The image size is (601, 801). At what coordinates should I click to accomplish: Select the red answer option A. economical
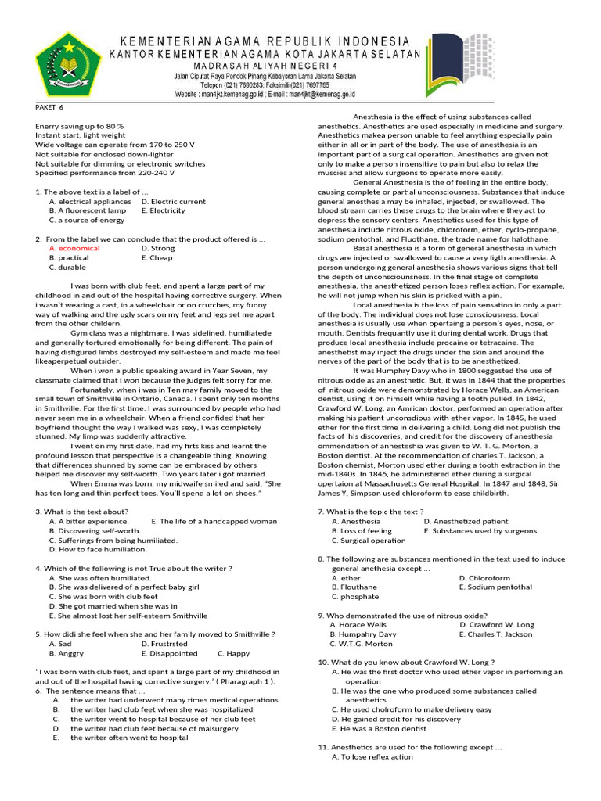(74, 248)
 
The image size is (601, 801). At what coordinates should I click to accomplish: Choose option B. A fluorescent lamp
(87, 210)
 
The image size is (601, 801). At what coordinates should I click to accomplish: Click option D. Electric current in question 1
(174, 201)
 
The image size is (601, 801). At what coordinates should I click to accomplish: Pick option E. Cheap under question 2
(157, 257)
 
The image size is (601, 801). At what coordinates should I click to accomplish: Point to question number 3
(38, 511)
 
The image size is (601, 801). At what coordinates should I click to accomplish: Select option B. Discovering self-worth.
(95, 530)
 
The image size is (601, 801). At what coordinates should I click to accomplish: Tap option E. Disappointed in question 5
(170, 653)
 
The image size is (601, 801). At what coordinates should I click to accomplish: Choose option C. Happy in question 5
(233, 653)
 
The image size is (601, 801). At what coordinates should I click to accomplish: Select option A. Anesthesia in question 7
(356, 521)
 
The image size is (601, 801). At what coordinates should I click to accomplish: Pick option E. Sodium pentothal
(495, 587)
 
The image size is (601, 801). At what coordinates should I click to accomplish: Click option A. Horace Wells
(358, 625)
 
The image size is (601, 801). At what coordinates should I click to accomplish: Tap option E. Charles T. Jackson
(496, 634)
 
